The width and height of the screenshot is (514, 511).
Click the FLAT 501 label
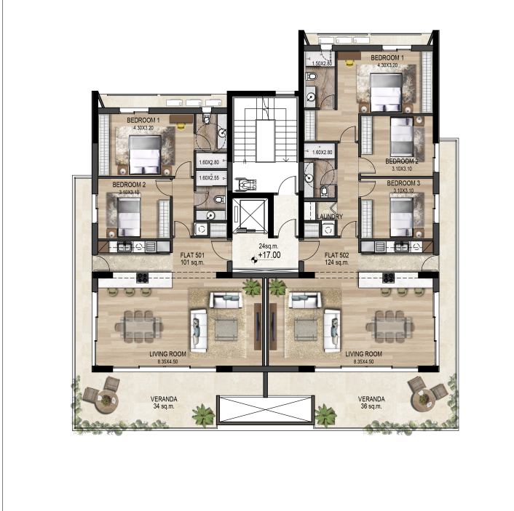coord(191,255)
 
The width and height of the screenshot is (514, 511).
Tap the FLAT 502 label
coord(336,255)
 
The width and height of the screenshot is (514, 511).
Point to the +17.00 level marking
coord(264,256)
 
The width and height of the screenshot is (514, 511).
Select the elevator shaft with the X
coord(250,217)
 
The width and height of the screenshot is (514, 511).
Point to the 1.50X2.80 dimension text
coord(322,64)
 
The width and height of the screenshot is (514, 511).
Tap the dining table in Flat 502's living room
coord(386,325)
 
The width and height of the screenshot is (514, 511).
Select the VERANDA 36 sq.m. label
coord(371,403)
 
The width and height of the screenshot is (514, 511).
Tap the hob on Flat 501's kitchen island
coord(141,276)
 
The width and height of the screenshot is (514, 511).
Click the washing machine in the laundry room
coord(312,230)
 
